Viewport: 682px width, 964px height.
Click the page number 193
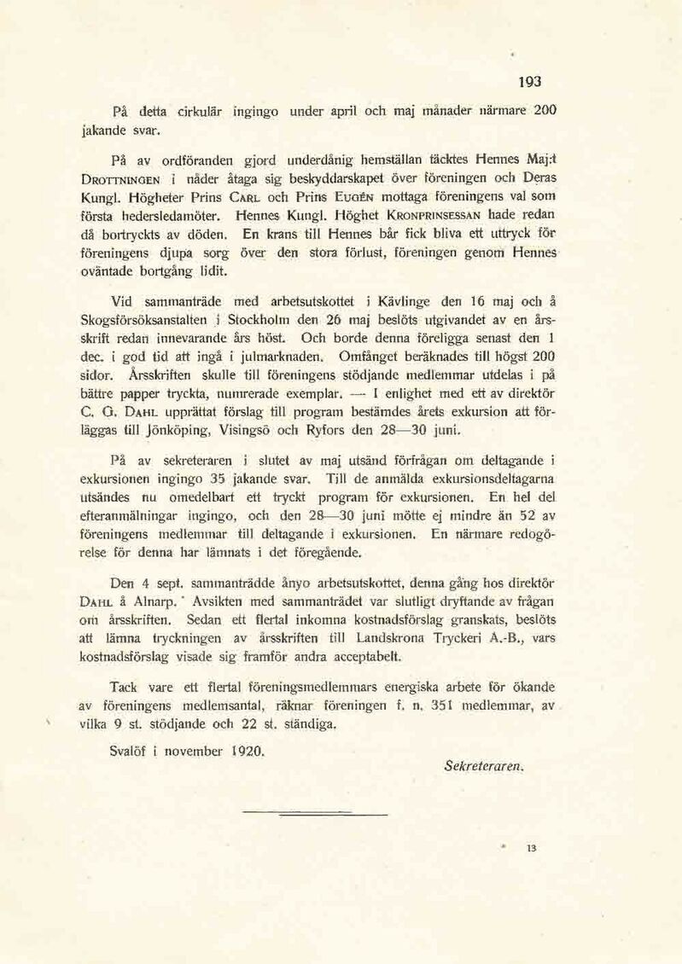click(x=530, y=82)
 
